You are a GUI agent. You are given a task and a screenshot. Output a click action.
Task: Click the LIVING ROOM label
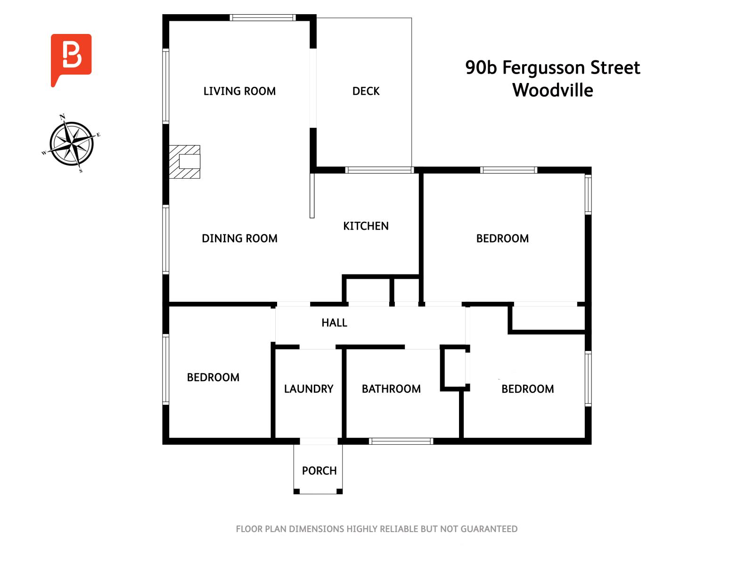(x=239, y=91)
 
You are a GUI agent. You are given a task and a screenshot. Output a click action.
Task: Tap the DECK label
(x=366, y=91)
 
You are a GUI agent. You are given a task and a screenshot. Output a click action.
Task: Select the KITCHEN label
(x=366, y=226)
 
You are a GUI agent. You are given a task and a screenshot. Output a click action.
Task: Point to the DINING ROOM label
(x=239, y=238)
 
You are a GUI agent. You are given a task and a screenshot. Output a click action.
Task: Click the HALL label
(x=334, y=323)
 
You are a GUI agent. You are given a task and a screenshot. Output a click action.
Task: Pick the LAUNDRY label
(x=309, y=389)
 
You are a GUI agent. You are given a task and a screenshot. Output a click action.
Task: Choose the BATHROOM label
(x=391, y=389)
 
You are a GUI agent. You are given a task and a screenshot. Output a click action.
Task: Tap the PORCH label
(x=319, y=471)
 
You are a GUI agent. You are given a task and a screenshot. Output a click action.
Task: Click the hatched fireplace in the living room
(x=185, y=162)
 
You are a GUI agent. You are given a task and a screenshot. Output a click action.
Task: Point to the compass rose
(x=72, y=143)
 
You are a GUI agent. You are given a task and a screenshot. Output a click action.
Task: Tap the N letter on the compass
(x=62, y=116)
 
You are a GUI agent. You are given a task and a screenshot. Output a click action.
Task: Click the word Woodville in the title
(x=552, y=90)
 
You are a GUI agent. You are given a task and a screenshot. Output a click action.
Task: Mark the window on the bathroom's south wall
(x=401, y=441)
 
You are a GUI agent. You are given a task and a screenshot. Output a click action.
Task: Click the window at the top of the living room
(x=262, y=18)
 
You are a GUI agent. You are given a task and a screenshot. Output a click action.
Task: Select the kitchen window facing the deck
(x=379, y=170)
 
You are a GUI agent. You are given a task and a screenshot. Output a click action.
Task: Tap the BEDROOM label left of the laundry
(x=213, y=377)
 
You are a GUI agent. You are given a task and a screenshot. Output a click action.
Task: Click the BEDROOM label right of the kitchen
(x=502, y=238)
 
